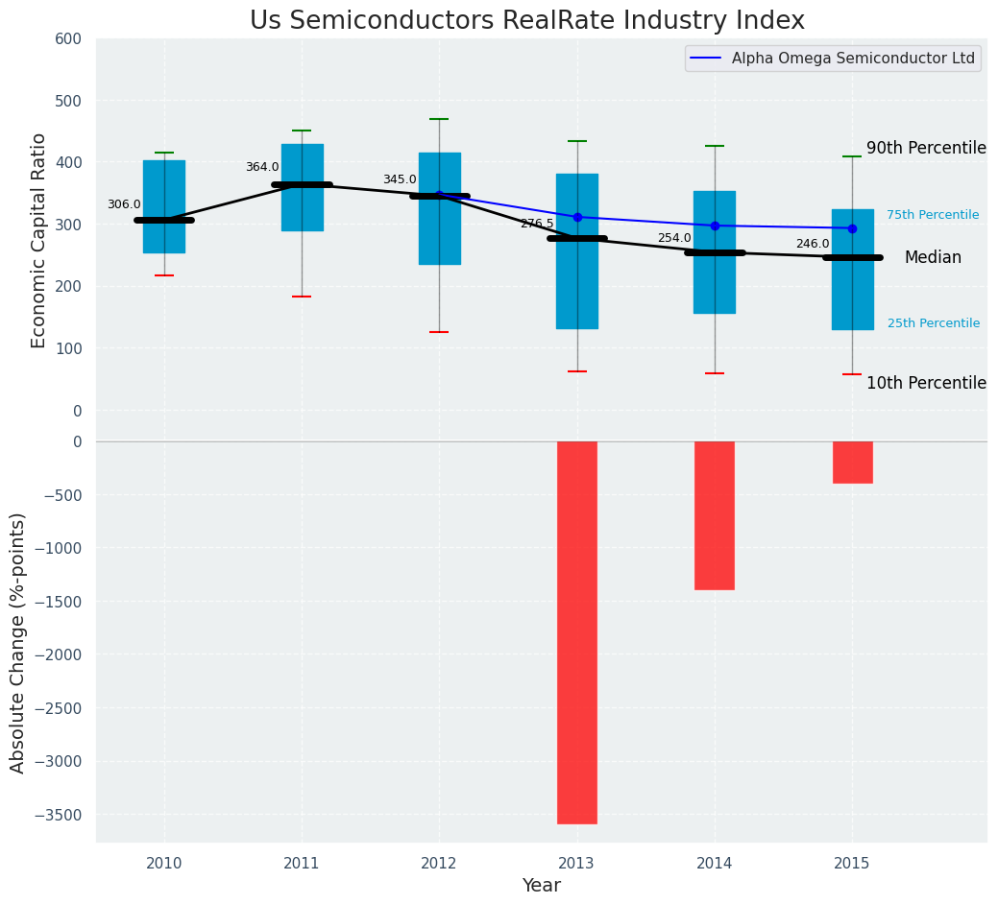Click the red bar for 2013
pyautogui.click(x=577, y=631)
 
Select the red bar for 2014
pyautogui.click(x=715, y=515)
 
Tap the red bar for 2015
pyautogui.click(x=852, y=462)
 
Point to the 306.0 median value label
pyautogui.click(x=124, y=204)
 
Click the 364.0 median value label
pyautogui.click(x=262, y=167)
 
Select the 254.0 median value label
pyautogui.click(x=674, y=238)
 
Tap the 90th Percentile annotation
pyautogui.click(x=926, y=148)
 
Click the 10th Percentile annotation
pyautogui.click(x=926, y=383)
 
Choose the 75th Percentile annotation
pyautogui.click(x=933, y=215)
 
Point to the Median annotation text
pyautogui.click(x=933, y=257)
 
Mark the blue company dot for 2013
pyautogui.click(x=577, y=217)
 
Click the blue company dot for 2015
pyautogui.click(x=852, y=228)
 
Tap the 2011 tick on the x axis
pyautogui.click(x=302, y=864)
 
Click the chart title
pyautogui.click(x=527, y=20)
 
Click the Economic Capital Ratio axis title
pyautogui.click(x=39, y=240)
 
